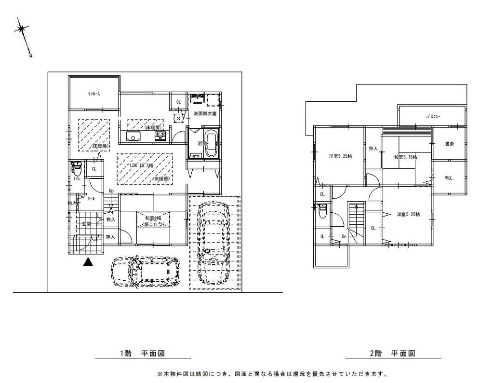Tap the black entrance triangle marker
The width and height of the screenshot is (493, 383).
[x=87, y=262]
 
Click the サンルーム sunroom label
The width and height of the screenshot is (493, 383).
[x=93, y=94]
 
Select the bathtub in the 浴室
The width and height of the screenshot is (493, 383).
[x=212, y=144]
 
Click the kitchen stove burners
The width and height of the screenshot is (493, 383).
[x=160, y=137]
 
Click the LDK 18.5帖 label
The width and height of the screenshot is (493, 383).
[x=137, y=165]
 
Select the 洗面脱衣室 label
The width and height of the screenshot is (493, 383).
[x=205, y=113]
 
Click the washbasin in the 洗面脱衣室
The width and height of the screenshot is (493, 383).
[x=197, y=100]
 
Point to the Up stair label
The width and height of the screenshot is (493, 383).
[x=111, y=191]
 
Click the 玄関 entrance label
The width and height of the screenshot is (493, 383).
[x=86, y=224]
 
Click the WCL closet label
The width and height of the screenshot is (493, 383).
[x=449, y=178]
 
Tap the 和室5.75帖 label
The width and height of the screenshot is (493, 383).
[x=405, y=157]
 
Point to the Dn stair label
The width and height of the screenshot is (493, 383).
[x=344, y=236]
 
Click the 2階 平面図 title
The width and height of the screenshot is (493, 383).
[x=392, y=354]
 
